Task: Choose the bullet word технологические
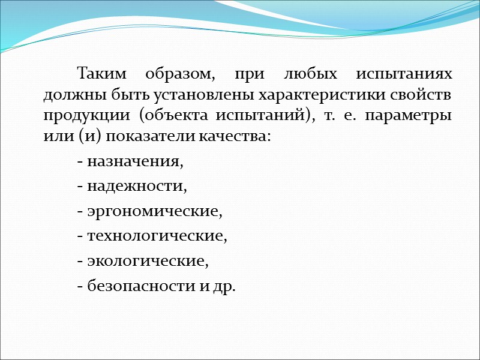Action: [x=157, y=236]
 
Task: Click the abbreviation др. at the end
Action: [x=224, y=287]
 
